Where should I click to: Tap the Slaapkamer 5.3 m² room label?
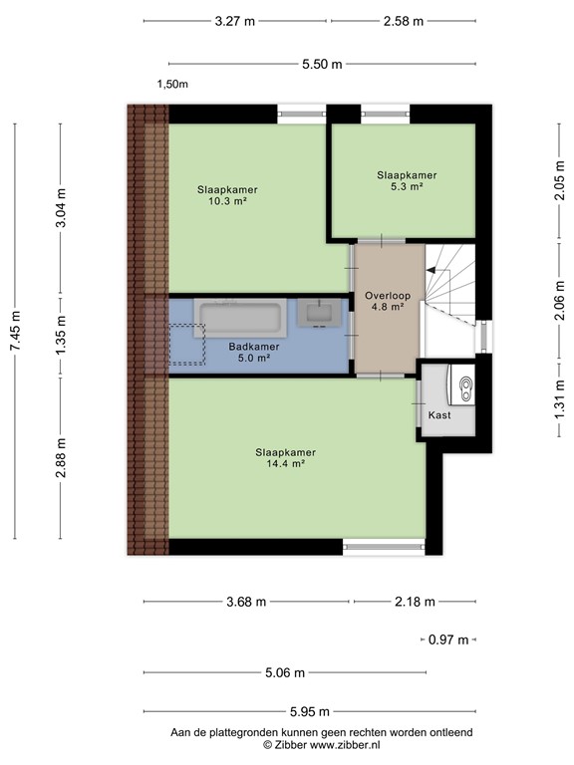407,180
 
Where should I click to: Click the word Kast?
439,415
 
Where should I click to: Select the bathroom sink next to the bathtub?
320,314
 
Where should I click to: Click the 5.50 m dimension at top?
322,64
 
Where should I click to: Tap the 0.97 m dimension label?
447,639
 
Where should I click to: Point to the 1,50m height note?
172,85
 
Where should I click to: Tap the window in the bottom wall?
384,545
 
